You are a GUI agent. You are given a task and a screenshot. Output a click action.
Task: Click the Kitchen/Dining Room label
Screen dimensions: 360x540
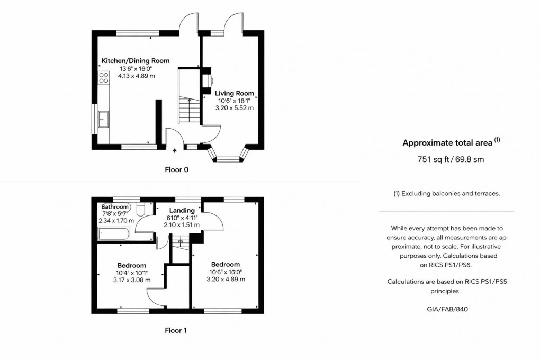136,61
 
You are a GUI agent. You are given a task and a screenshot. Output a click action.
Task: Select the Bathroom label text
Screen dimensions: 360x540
115,206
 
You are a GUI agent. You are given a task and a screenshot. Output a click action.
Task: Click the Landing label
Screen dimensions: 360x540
182,211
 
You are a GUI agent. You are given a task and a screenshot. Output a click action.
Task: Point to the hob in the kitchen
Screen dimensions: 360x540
104,79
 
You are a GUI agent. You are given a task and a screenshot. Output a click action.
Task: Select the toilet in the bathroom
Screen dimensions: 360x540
140,207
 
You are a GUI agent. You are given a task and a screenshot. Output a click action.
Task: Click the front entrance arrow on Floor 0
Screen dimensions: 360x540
175,151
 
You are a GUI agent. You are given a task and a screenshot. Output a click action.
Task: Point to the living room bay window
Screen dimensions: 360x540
229,157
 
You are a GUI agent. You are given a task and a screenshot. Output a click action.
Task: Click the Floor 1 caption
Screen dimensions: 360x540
176,330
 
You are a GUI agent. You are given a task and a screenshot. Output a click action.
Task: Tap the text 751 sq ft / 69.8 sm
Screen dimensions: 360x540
451,159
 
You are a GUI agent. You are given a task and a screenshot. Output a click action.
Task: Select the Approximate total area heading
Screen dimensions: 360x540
448,143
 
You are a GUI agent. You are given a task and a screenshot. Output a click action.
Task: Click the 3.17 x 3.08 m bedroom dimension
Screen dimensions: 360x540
132,280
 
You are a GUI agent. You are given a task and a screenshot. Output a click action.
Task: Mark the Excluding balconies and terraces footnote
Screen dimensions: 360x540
446,194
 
